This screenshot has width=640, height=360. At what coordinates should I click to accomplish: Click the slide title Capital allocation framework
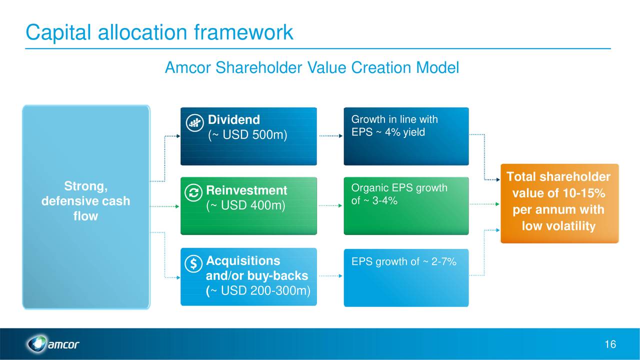pyautogui.click(x=159, y=32)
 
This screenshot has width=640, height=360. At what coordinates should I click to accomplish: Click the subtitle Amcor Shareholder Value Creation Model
pyautogui.click(x=311, y=67)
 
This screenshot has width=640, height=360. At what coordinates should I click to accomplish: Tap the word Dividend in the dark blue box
pyautogui.click(x=233, y=120)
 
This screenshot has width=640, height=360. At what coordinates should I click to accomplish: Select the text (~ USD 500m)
pyautogui.click(x=247, y=135)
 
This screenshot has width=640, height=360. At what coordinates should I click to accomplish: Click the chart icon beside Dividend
pyautogui.click(x=193, y=123)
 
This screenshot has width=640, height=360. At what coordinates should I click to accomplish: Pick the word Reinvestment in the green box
pyautogui.click(x=246, y=190)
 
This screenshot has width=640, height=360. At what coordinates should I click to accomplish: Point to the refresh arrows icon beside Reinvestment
pyautogui.click(x=193, y=193)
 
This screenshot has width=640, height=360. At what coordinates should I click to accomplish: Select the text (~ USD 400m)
pyautogui.click(x=245, y=205)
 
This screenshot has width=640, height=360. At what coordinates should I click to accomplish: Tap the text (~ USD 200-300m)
pyautogui.click(x=258, y=290)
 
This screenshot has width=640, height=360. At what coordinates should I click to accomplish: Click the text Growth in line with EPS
pyautogui.click(x=394, y=125)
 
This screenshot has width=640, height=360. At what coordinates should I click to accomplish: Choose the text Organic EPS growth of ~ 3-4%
pyautogui.click(x=398, y=194)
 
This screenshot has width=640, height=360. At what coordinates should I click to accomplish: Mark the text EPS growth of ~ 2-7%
pyautogui.click(x=403, y=261)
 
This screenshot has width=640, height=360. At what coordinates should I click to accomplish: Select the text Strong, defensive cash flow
pyautogui.click(x=85, y=201)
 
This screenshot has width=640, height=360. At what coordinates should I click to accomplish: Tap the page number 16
pyautogui.click(x=609, y=344)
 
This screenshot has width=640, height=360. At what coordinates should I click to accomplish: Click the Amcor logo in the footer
pyautogui.click(x=52, y=344)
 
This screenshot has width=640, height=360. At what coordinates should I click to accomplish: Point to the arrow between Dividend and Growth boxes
pyautogui.click(x=330, y=135)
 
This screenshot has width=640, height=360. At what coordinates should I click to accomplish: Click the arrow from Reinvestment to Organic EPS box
pyautogui.click(x=330, y=205)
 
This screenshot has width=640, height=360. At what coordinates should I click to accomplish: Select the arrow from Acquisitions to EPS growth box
pyautogui.click(x=330, y=275)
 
